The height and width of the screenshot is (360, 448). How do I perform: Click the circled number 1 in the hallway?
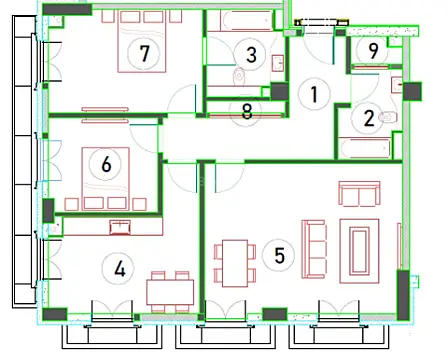pos(313,95)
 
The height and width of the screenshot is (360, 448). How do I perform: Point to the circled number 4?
pos(120,267)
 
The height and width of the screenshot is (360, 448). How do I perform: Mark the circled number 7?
pos(146,53)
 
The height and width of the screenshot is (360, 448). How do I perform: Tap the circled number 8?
pos(247,111)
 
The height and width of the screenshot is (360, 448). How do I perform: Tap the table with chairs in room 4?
pos(169,291)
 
